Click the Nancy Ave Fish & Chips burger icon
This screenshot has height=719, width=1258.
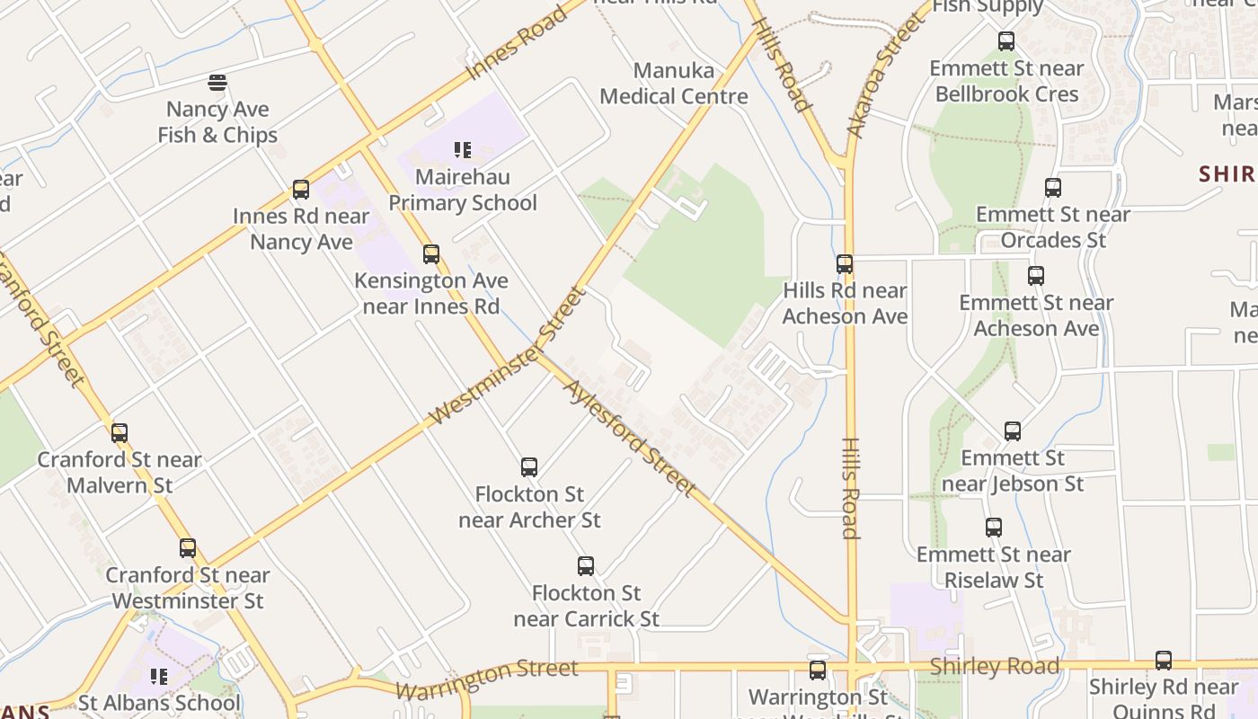pos(217,84)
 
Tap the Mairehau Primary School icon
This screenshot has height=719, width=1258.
pos(463,150)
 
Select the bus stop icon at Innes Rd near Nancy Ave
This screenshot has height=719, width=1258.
pos(301,190)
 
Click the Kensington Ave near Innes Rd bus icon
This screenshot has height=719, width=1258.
pos(431,254)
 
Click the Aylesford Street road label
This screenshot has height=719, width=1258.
pos(630,438)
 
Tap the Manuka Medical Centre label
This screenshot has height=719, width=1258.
pos(674,84)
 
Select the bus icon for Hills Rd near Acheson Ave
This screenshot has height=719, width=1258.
pos(845,264)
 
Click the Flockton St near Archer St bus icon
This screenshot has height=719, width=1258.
pos(529,467)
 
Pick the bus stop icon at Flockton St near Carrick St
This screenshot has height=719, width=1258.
pos(586,566)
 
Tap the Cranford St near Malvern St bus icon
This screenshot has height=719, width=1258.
pos(120,433)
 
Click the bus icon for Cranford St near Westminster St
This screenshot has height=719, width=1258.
pos(188,548)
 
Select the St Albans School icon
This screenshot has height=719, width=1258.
pos(159,676)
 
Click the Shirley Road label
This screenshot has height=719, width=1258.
pos(995,667)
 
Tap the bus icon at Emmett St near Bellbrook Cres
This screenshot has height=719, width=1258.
pos(1006,41)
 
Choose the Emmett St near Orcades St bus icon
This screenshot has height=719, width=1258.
pos(1053,188)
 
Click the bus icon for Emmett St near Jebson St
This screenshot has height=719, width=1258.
pos(1013,431)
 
